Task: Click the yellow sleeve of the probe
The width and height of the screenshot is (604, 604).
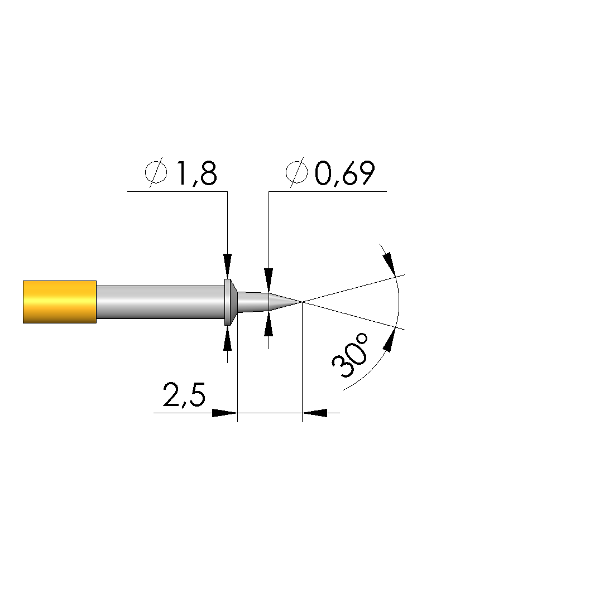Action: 60,302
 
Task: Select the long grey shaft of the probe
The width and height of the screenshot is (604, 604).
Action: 160,302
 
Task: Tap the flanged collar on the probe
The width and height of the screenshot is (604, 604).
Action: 231,302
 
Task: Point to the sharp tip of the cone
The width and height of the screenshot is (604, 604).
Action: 302,302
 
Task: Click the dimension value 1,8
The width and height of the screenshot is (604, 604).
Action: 196,173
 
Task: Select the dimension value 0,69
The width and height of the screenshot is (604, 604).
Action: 344,173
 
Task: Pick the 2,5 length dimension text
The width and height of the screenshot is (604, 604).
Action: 184,395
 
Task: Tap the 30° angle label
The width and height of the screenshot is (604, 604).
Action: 350,355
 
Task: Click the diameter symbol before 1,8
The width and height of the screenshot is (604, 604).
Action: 156,172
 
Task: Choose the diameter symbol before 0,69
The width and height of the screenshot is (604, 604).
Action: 297,172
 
